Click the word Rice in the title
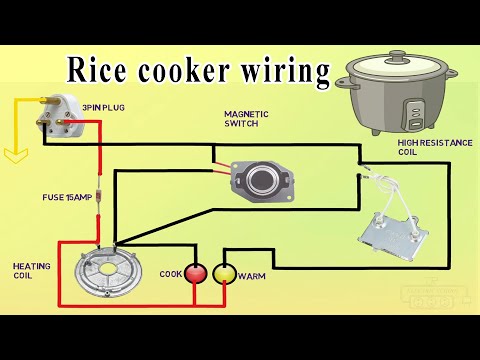click(95, 70)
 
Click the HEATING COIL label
click(27, 272)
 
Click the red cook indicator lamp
click(197, 272)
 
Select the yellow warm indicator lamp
click(225, 272)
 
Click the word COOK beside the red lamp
click(170, 273)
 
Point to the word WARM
click(252, 275)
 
